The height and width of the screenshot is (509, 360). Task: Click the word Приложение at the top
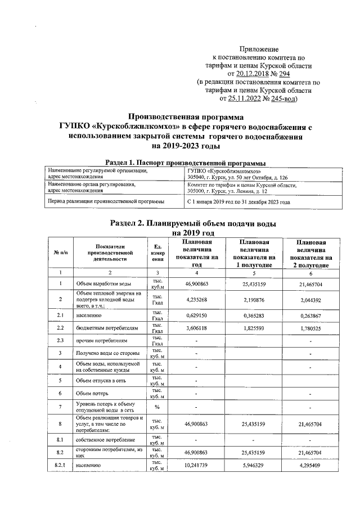tap(259, 50)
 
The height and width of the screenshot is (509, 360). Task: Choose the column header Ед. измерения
tap(157, 253)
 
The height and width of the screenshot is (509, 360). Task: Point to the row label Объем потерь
tap(93, 394)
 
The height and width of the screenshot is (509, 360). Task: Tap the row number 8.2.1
tap(60, 466)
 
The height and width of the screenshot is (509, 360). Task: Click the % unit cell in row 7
tap(157, 407)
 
